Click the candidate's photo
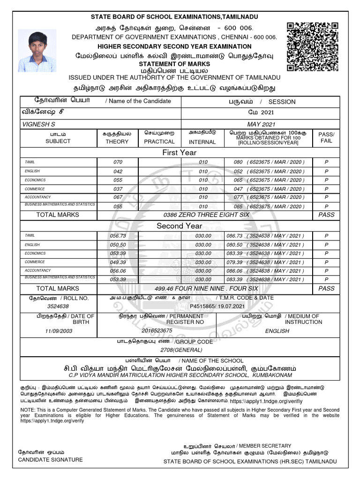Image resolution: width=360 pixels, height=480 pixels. coord(37,51)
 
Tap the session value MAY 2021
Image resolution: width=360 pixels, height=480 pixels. coord(260,124)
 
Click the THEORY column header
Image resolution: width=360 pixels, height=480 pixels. coord(117,141)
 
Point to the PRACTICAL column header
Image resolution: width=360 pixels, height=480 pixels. coord(159,141)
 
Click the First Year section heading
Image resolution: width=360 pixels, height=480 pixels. coord(180,153)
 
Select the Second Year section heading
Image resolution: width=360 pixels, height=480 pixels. coord(180,226)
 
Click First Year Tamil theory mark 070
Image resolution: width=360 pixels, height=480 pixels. coord(118,162)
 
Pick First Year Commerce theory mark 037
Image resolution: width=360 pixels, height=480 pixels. coord(118,189)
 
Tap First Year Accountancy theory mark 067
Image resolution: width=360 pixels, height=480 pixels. coord(118,197)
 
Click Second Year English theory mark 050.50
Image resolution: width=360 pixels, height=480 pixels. coord(118,245)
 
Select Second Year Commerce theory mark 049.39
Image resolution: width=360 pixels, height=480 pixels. coord(118,262)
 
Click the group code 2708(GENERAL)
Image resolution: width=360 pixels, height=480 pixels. coord(180,350)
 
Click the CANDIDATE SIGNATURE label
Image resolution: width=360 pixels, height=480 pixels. coord(50,459)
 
